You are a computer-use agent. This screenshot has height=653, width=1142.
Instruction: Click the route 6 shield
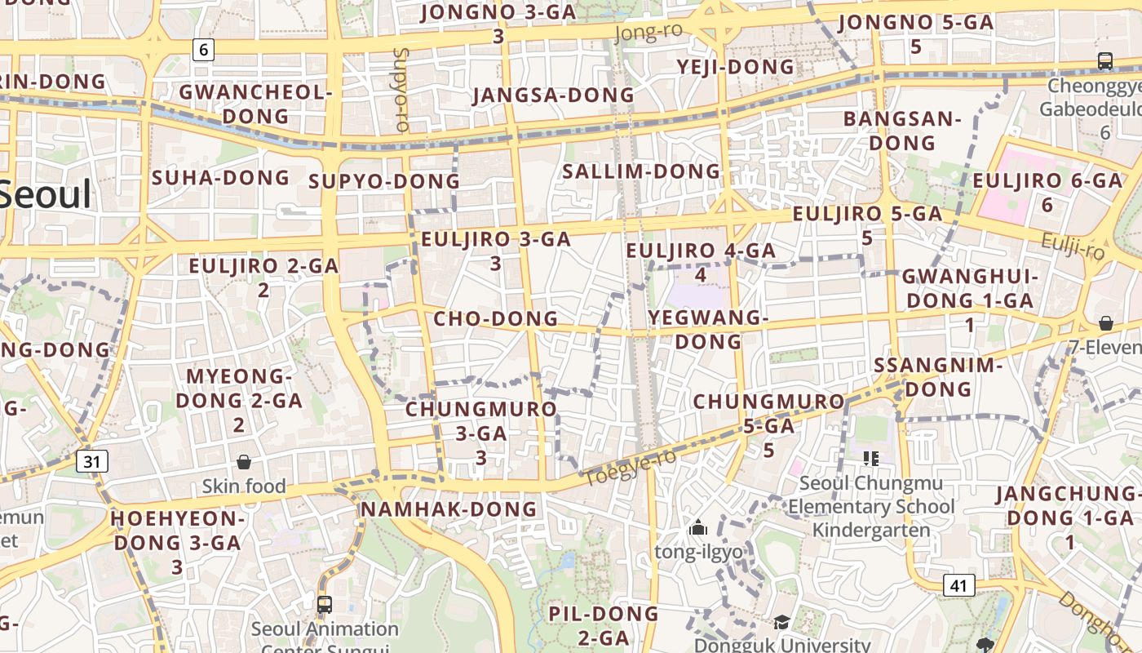[x=203, y=50]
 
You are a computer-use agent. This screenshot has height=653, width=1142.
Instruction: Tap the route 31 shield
[x=92, y=462]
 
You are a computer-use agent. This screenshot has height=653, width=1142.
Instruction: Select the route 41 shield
[x=958, y=585]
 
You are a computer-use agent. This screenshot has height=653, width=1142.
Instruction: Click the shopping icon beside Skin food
[x=243, y=463]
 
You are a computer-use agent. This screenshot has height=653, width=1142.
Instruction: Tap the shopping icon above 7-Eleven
[x=1105, y=323]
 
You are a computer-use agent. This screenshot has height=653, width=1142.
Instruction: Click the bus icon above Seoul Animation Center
[x=325, y=605]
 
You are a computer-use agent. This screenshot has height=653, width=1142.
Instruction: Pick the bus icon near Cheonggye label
[x=1105, y=61]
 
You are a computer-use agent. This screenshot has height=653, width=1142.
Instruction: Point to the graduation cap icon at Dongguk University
[x=781, y=623]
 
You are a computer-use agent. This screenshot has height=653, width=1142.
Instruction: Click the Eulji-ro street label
[x=1073, y=245]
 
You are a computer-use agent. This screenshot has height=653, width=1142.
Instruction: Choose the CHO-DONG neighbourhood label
[x=496, y=318]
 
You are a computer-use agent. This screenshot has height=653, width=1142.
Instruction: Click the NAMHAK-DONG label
[x=449, y=509]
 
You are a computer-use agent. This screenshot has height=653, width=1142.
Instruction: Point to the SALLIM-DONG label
[x=642, y=171]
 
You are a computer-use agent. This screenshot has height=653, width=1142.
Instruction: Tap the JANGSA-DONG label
[x=553, y=95]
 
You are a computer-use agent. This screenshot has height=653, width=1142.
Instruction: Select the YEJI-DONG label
[x=735, y=66]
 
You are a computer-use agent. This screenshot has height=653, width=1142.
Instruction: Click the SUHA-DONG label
[x=221, y=177]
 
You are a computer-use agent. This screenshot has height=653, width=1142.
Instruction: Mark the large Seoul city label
[x=45, y=196]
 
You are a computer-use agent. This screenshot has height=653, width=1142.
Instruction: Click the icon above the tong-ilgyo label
[x=697, y=528]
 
